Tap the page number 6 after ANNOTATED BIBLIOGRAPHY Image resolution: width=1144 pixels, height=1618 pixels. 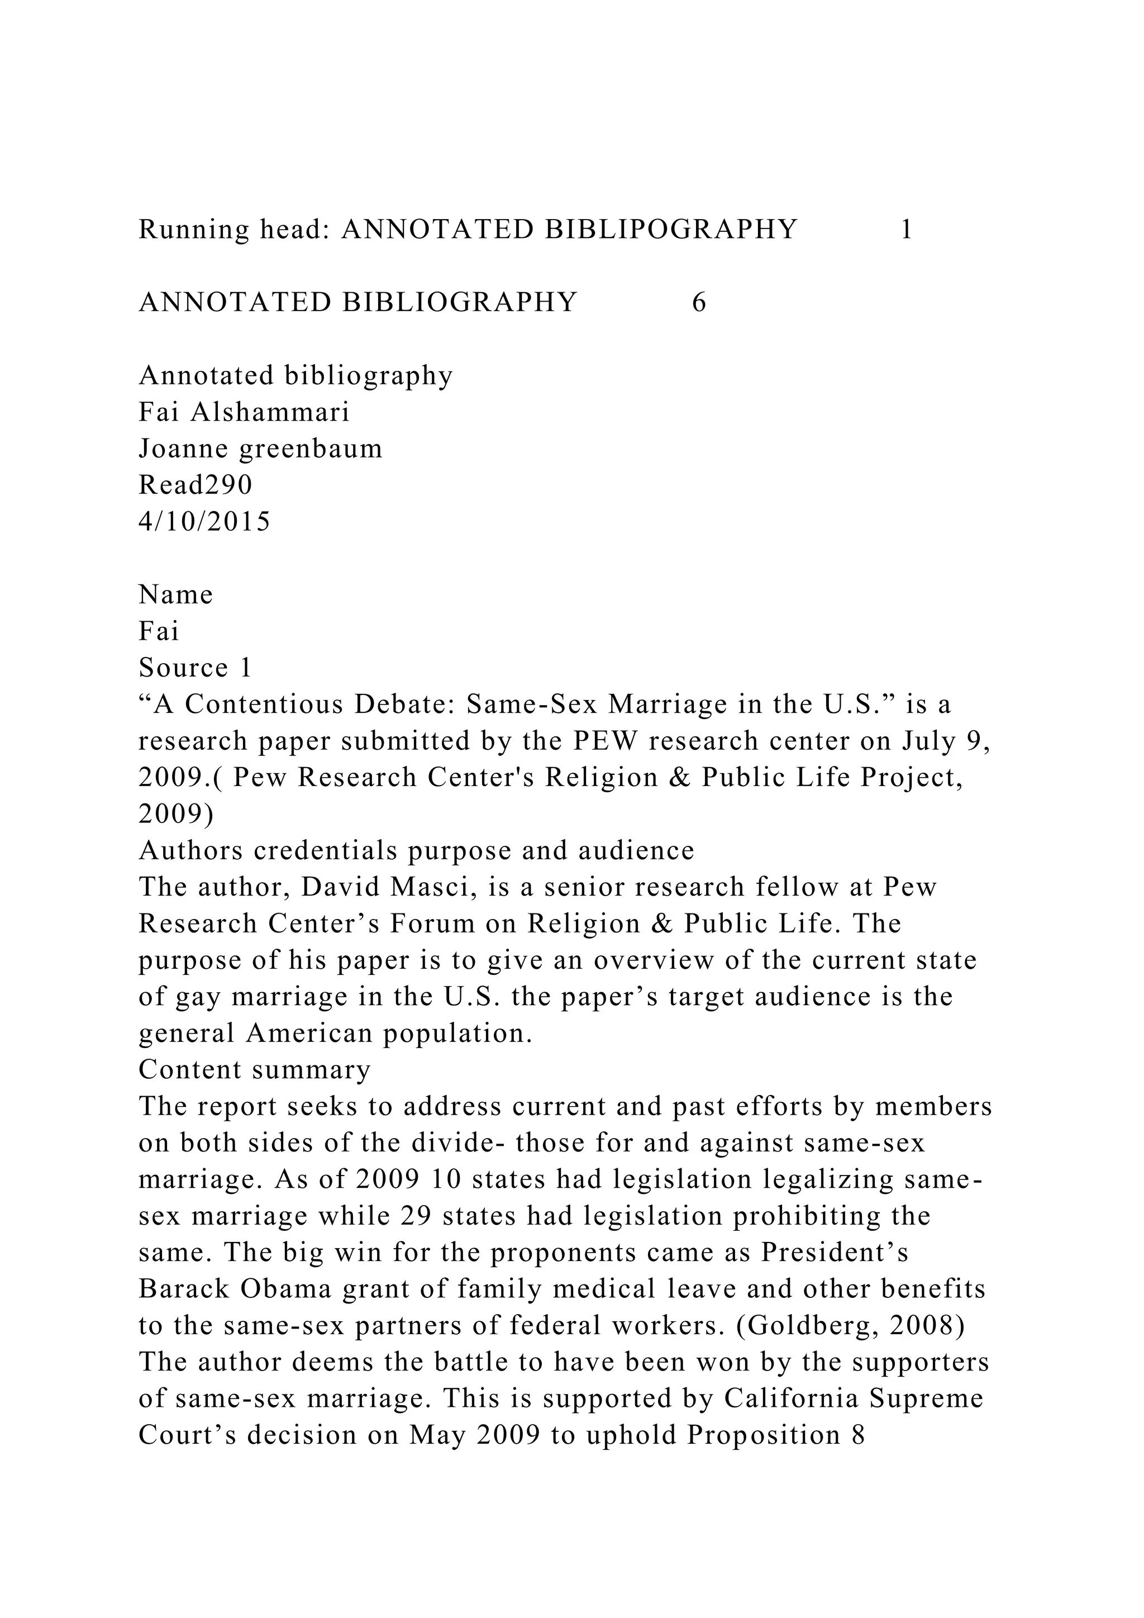click(699, 303)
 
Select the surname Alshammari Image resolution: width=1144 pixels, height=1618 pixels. click(270, 412)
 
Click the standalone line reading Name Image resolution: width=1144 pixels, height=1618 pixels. click(175, 596)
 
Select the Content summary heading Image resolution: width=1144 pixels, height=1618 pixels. click(254, 1070)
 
